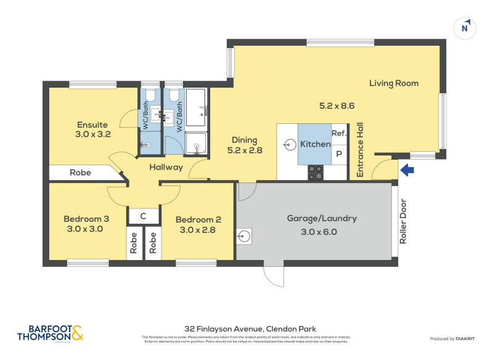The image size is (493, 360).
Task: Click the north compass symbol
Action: pyautogui.click(x=465, y=27)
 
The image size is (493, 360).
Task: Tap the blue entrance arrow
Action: pyautogui.click(x=408, y=170)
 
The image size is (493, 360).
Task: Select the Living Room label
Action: pyautogui.click(x=394, y=83)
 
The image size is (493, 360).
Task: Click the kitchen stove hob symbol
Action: pyautogui.click(x=315, y=173)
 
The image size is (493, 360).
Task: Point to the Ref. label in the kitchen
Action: pyautogui.click(x=339, y=133)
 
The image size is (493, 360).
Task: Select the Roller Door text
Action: pyautogui.click(x=404, y=221)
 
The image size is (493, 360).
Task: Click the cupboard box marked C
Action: pyautogui.click(x=143, y=216)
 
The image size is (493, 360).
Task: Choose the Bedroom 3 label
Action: pyautogui.click(x=87, y=219)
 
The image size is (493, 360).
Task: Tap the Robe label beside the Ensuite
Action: pyautogui.click(x=80, y=173)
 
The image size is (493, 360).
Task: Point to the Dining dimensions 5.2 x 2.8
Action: pyautogui.click(x=245, y=150)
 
